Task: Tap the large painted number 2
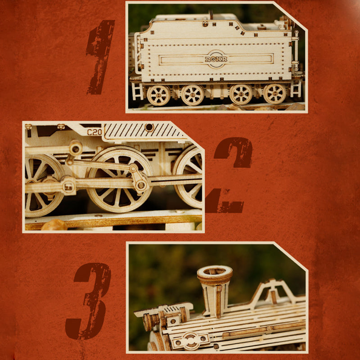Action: point(232,175)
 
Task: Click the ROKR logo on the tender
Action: point(216,59)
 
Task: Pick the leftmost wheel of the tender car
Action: point(158,95)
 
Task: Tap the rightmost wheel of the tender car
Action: point(274,94)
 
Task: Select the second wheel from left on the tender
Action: point(193,95)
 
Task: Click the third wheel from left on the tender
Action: point(241,94)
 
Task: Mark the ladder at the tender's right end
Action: point(296,88)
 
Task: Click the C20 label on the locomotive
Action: point(94,132)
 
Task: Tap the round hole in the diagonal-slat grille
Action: point(149,128)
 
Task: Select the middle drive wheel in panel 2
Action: point(119,179)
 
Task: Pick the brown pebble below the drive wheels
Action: point(54,225)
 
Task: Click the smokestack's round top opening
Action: point(215,272)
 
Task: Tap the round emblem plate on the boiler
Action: point(191,340)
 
